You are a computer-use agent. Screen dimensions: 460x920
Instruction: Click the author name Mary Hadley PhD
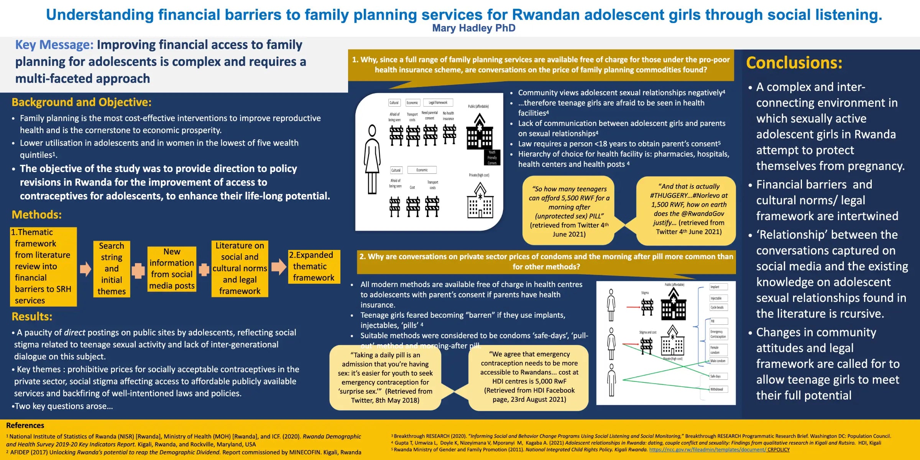point(473,28)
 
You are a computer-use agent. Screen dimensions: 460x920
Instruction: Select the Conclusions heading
point(794,63)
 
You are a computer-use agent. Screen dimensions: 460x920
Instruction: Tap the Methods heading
point(36,215)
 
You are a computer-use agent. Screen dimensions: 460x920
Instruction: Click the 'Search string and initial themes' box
point(112,269)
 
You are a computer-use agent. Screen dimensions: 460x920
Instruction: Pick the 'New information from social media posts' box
point(172,269)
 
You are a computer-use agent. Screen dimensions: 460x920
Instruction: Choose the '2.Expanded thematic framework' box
point(314,266)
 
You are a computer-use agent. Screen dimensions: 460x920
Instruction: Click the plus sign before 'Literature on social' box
point(204,269)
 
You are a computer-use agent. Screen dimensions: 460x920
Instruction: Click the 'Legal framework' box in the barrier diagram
point(438,103)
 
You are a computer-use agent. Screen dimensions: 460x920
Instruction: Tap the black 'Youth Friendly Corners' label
point(492,158)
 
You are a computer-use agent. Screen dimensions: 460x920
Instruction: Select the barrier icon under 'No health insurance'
point(449,134)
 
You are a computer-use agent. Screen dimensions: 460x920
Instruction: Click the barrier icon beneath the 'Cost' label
point(412,206)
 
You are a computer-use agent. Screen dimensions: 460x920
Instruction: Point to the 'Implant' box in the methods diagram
point(718,287)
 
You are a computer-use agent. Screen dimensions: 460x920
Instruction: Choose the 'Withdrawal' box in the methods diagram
point(718,389)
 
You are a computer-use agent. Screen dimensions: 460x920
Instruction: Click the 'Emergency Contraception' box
point(718,334)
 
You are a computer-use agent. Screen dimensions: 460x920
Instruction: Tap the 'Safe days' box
point(718,376)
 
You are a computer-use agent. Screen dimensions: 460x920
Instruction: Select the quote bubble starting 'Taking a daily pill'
point(385,378)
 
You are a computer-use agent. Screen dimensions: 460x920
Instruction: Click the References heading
point(25,426)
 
